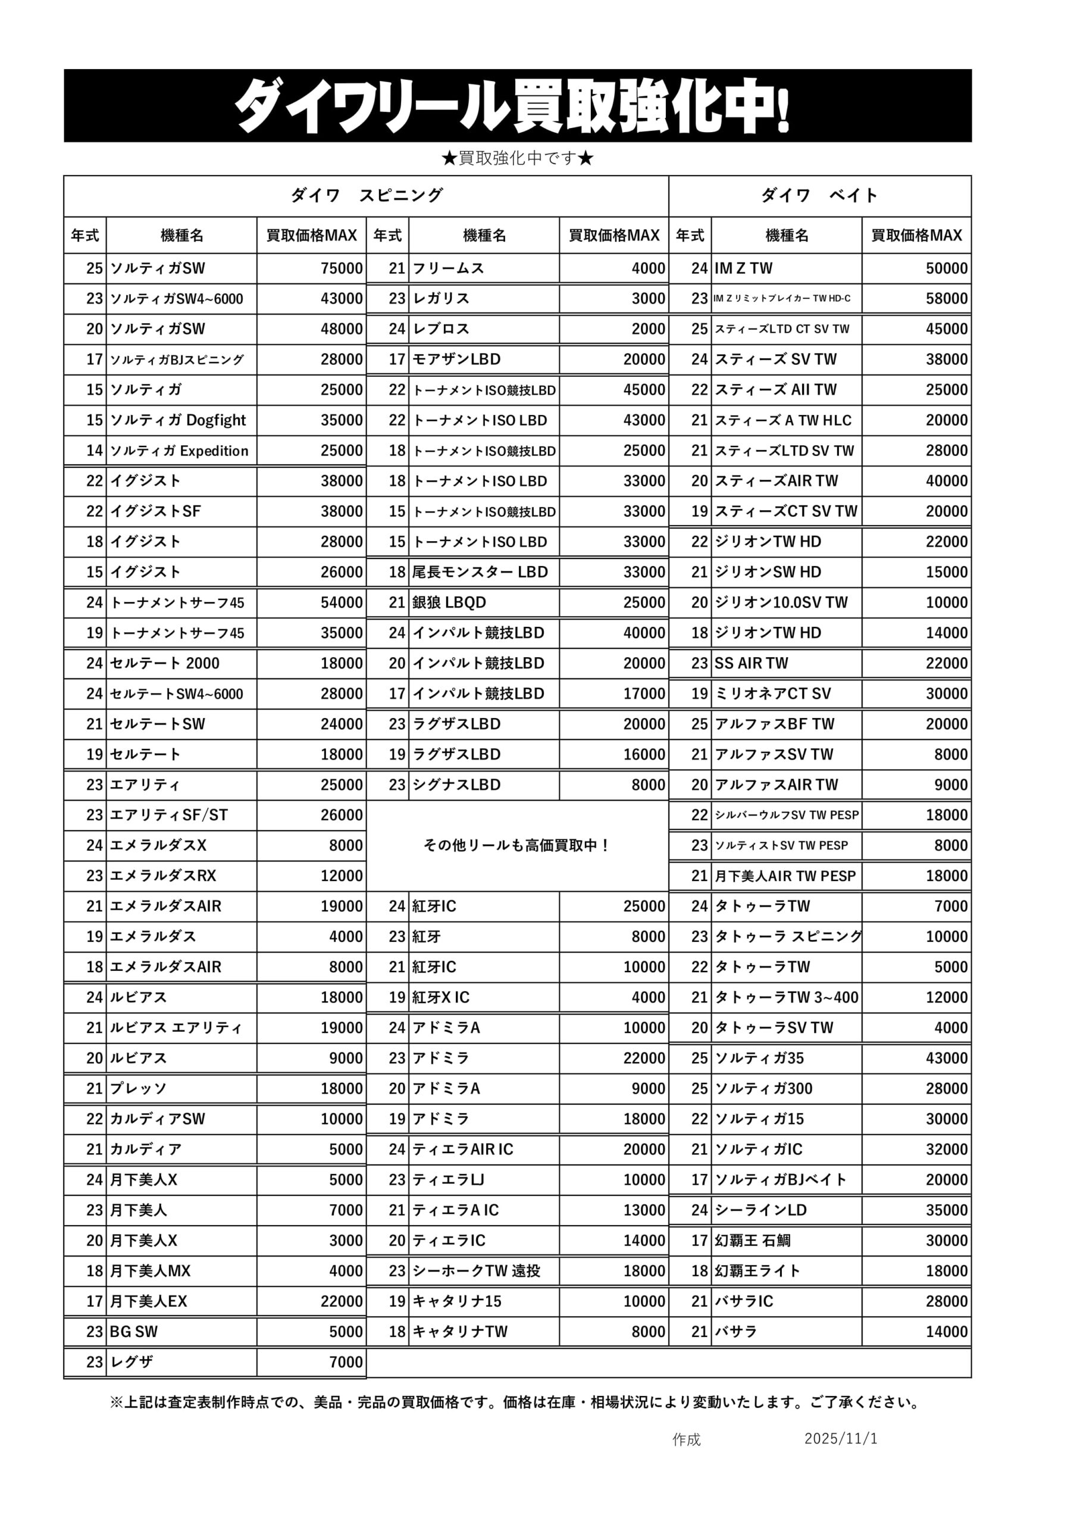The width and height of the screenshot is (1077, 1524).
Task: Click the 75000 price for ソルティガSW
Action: (x=341, y=268)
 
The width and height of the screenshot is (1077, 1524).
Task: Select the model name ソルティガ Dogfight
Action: (x=178, y=420)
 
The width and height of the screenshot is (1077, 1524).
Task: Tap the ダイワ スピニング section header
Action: (x=367, y=195)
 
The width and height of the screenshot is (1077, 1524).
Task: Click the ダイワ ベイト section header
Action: (x=819, y=195)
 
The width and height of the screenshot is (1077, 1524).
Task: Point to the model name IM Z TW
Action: (x=743, y=268)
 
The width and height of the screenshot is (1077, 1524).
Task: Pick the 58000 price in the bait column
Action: (x=946, y=299)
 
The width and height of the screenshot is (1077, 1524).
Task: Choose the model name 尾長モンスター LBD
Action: (x=480, y=572)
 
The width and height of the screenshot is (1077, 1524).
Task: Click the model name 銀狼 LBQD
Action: (x=449, y=602)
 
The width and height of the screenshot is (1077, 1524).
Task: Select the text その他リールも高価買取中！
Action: (x=517, y=845)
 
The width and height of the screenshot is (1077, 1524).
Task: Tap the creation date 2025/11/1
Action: (x=841, y=1438)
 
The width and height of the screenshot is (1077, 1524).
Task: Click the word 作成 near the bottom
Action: (x=686, y=1439)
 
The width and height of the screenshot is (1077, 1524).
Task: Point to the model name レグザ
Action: (x=132, y=1362)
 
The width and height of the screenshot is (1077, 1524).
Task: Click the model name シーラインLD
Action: (x=760, y=1210)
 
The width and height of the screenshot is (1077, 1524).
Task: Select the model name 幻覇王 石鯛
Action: (x=753, y=1241)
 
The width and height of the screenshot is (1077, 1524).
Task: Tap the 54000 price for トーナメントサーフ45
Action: (x=341, y=602)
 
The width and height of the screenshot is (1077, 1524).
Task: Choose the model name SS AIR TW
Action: (x=751, y=663)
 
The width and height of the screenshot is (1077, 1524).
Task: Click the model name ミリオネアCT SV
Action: (x=772, y=694)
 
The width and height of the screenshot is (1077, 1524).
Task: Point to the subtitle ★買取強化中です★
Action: (x=518, y=158)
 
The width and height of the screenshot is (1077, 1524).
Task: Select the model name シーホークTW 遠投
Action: (x=477, y=1271)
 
